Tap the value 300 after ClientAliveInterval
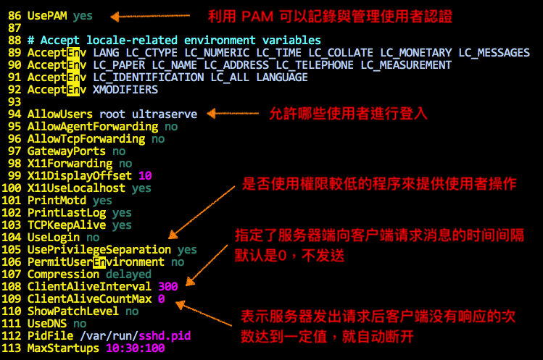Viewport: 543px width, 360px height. point(167,286)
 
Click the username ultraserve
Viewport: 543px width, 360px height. point(165,114)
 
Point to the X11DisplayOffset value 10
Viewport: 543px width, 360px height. point(145,175)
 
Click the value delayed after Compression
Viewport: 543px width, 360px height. point(128,274)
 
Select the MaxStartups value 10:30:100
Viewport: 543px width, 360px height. point(135,348)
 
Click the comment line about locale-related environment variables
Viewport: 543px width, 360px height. point(174,40)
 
